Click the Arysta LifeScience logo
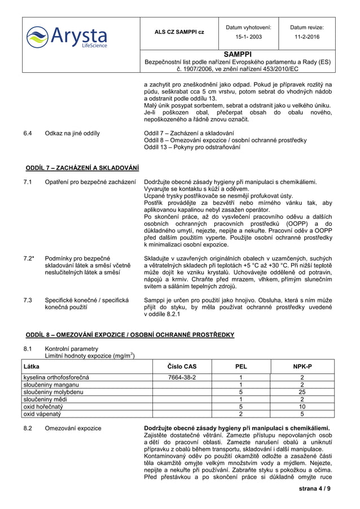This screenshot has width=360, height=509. pyautogui.click(x=67, y=37)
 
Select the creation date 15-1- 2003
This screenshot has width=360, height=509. pyautogui.click(x=248, y=37)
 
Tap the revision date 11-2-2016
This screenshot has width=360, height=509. pyautogui.click(x=307, y=37)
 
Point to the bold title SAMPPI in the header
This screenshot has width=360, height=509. pyautogui.click(x=238, y=54)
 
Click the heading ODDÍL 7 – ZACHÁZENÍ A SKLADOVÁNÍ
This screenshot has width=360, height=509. pyautogui.click(x=82, y=168)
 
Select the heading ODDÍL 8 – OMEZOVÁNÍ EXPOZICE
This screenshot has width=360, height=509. pyautogui.click(x=130, y=335)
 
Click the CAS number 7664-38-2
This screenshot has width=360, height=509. pyautogui.click(x=182, y=377)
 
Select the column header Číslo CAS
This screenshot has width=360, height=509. pyautogui.click(x=182, y=366)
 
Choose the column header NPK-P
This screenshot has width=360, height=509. pyautogui.click(x=302, y=366)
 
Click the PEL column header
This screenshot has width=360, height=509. pyautogui.click(x=241, y=366)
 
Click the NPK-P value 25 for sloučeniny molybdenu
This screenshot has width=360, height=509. pyautogui.click(x=302, y=392)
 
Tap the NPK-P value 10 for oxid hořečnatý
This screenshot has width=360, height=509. pyautogui.click(x=302, y=406)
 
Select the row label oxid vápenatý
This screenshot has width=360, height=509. pyautogui.click(x=42, y=414)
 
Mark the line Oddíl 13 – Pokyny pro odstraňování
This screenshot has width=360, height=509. pyautogui.click(x=192, y=147)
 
